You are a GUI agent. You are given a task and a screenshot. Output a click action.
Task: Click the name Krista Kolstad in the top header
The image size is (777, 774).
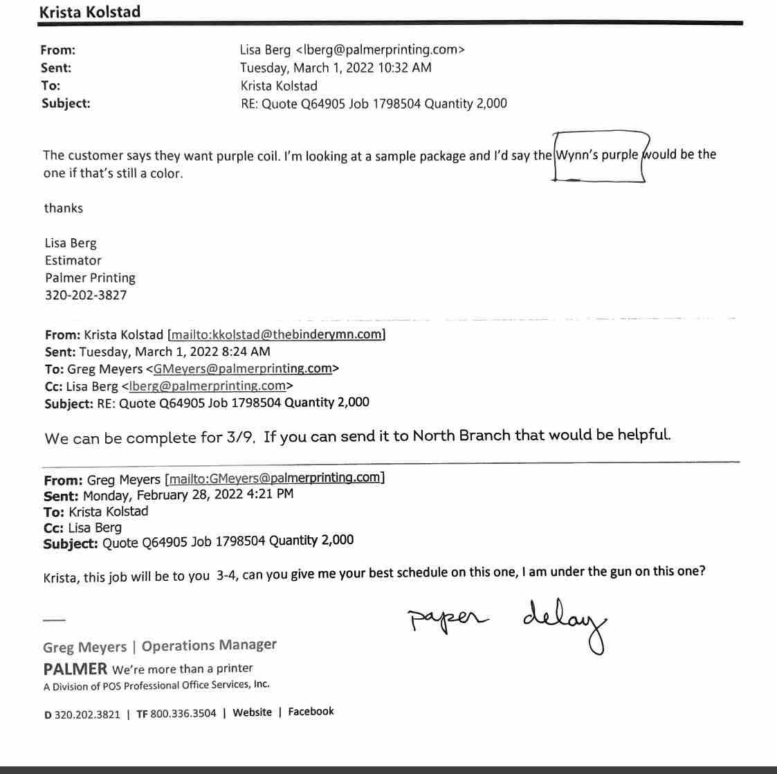[x=89, y=12]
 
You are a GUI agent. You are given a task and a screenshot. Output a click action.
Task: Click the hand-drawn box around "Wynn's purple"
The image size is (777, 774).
[x=599, y=156]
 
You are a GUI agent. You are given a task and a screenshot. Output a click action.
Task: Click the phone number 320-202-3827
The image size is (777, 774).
[x=86, y=295]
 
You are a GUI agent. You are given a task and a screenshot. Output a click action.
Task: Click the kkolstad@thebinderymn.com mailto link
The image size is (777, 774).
[x=277, y=334]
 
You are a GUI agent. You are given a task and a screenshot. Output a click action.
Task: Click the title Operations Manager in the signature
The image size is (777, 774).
[x=209, y=645]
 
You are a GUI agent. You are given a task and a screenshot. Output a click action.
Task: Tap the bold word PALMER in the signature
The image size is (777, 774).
[x=75, y=669]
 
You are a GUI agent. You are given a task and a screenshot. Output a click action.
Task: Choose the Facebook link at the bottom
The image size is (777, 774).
[x=311, y=711]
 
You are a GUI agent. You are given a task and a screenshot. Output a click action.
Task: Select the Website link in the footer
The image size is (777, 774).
[x=252, y=712]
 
